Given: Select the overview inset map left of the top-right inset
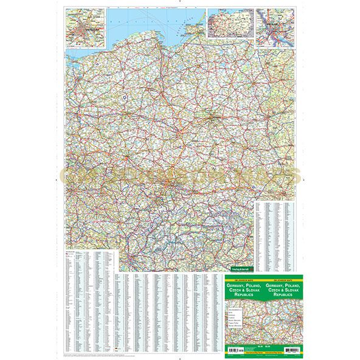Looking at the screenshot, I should (230, 27).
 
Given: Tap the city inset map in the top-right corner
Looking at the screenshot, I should (274, 27).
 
